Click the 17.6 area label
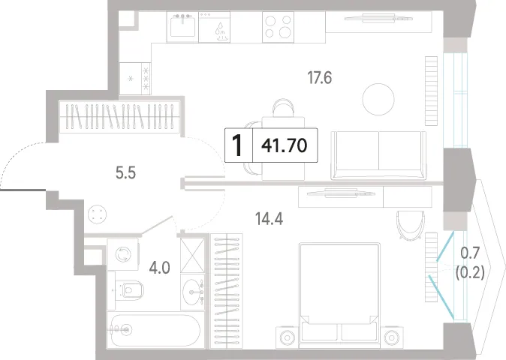point(320,78)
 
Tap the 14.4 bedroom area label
point(269,219)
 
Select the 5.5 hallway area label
point(125,173)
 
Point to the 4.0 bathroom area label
point(159,268)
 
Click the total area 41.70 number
point(284,145)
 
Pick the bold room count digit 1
point(237,145)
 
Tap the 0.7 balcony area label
point(470,253)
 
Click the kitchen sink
point(182,26)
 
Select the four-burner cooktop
point(278,27)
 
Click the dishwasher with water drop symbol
point(214,27)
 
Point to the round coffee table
point(378,99)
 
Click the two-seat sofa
point(378,155)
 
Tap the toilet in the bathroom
point(129,290)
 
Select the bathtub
point(155,329)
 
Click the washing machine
point(123,254)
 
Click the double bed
point(339,295)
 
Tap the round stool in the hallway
point(97,214)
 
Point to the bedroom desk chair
point(411,225)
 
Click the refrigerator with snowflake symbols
point(135,78)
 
